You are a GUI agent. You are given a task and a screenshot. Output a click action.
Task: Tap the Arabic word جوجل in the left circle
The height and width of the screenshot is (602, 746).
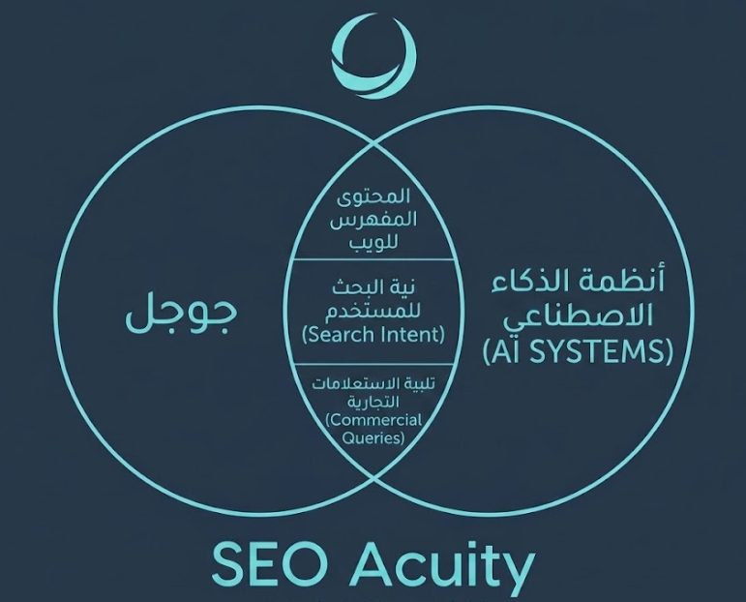pos(182,316)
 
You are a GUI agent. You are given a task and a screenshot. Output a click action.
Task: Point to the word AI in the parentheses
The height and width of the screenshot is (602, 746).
pos(505,351)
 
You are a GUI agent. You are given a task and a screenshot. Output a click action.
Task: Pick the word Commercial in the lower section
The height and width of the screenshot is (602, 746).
pos(375,420)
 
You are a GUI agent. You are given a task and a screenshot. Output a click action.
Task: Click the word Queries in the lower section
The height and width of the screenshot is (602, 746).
pos(373,437)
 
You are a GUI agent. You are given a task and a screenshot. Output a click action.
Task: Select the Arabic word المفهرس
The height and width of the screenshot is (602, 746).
pos(373,221)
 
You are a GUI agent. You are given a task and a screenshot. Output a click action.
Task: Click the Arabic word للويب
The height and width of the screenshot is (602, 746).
pos(373,242)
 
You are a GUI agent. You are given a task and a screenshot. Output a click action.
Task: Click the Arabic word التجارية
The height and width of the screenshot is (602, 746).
pos(373,402)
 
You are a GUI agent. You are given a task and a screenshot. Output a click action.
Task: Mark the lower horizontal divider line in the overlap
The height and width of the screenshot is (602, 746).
pos(373,365)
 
